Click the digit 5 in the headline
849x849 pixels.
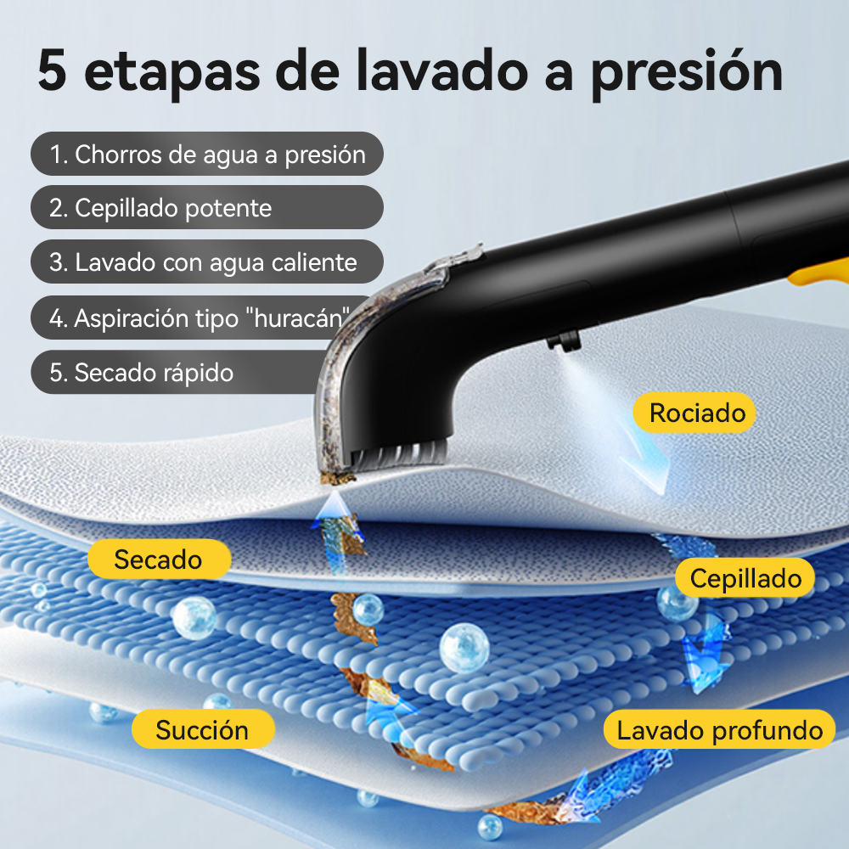[x=53, y=70]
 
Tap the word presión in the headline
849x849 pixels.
[x=687, y=72]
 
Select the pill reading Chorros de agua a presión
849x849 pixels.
[x=207, y=154]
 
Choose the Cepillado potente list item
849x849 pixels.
[x=207, y=207]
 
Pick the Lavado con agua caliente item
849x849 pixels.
[x=207, y=261]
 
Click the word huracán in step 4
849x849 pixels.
[x=301, y=318]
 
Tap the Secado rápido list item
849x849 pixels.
[x=178, y=372]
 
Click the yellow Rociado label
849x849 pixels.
[x=694, y=413]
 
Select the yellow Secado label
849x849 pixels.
[x=160, y=559]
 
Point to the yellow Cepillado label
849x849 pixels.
[x=745, y=577]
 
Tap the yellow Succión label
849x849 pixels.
[x=203, y=729]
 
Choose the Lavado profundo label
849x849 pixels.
[x=719, y=729]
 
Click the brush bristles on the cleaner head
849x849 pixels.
[x=400, y=453]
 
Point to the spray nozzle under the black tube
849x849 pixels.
[x=564, y=342]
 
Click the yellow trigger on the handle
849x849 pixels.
[x=818, y=274]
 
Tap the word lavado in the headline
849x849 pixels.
[x=441, y=70]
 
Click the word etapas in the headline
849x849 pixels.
[x=172, y=72]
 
